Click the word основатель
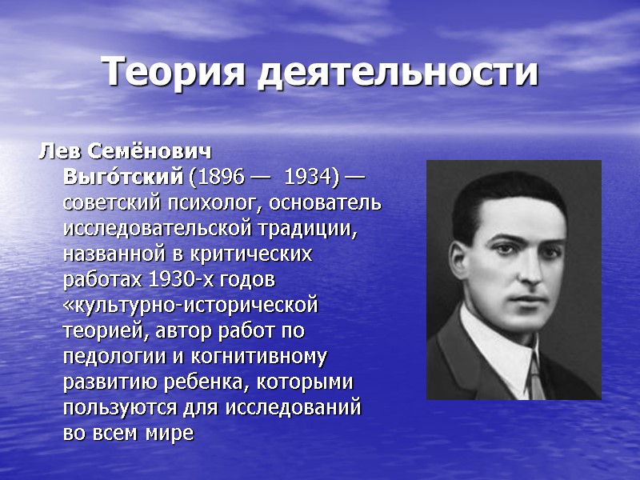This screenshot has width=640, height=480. (319, 202)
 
